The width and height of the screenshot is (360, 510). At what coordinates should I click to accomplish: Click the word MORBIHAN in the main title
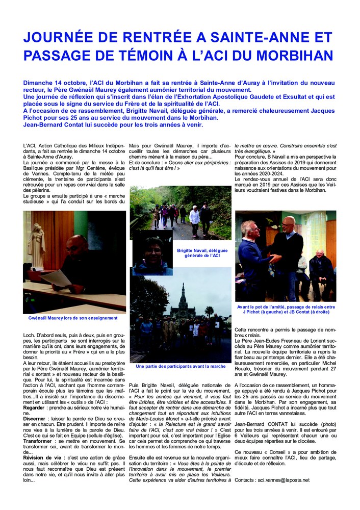pos(292,55)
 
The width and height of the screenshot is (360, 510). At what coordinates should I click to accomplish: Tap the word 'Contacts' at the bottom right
pos(247,480)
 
